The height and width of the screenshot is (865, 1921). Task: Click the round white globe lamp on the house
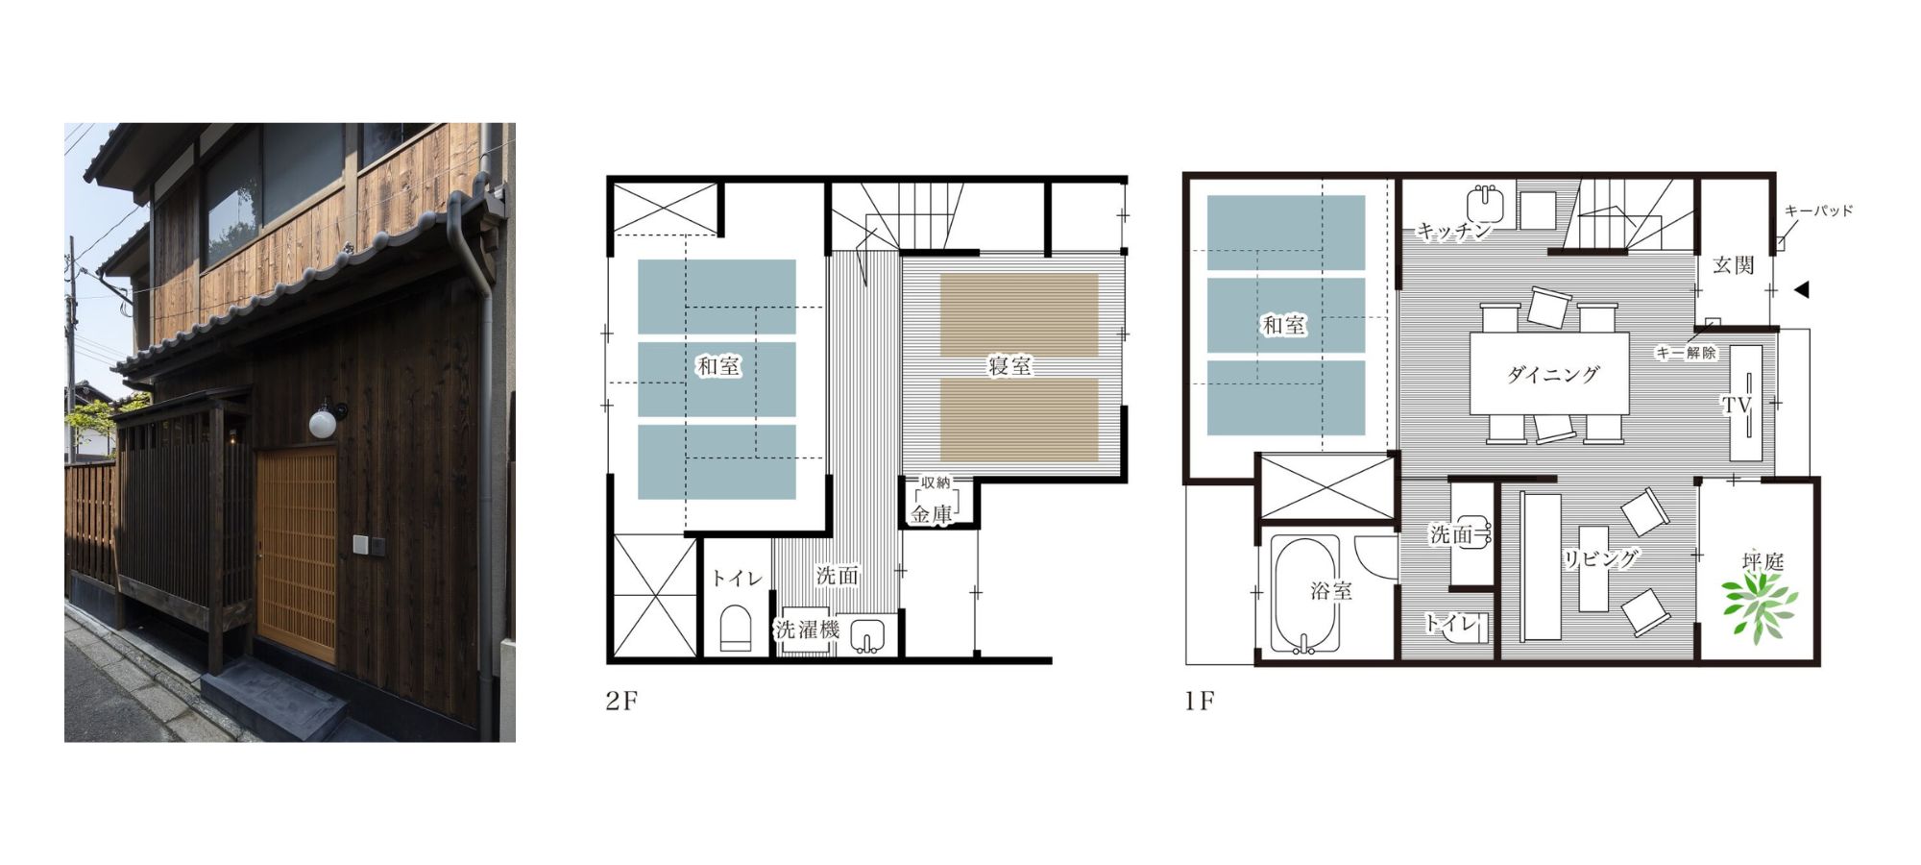[324, 421]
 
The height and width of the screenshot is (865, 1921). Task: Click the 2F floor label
[621, 701]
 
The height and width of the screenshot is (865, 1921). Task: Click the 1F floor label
[1200, 701]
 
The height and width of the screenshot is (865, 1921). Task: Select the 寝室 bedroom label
[1010, 366]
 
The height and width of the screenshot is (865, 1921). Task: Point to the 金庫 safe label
[932, 514]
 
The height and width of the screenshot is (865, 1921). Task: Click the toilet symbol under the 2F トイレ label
[736, 629]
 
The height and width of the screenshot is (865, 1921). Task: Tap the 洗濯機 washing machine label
[808, 630]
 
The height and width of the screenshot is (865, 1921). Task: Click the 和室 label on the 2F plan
[718, 366]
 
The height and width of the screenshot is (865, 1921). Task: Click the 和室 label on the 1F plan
[1284, 326]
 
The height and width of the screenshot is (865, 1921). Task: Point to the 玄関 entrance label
[1734, 265]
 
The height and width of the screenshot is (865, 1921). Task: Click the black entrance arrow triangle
[1802, 289]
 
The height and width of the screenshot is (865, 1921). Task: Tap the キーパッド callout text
[1818, 210]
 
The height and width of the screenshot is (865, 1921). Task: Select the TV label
[1737, 406]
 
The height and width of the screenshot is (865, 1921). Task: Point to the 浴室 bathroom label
[1331, 591]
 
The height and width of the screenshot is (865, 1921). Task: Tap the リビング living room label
[1600, 558]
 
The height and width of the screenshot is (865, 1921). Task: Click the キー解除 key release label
[1686, 353]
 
